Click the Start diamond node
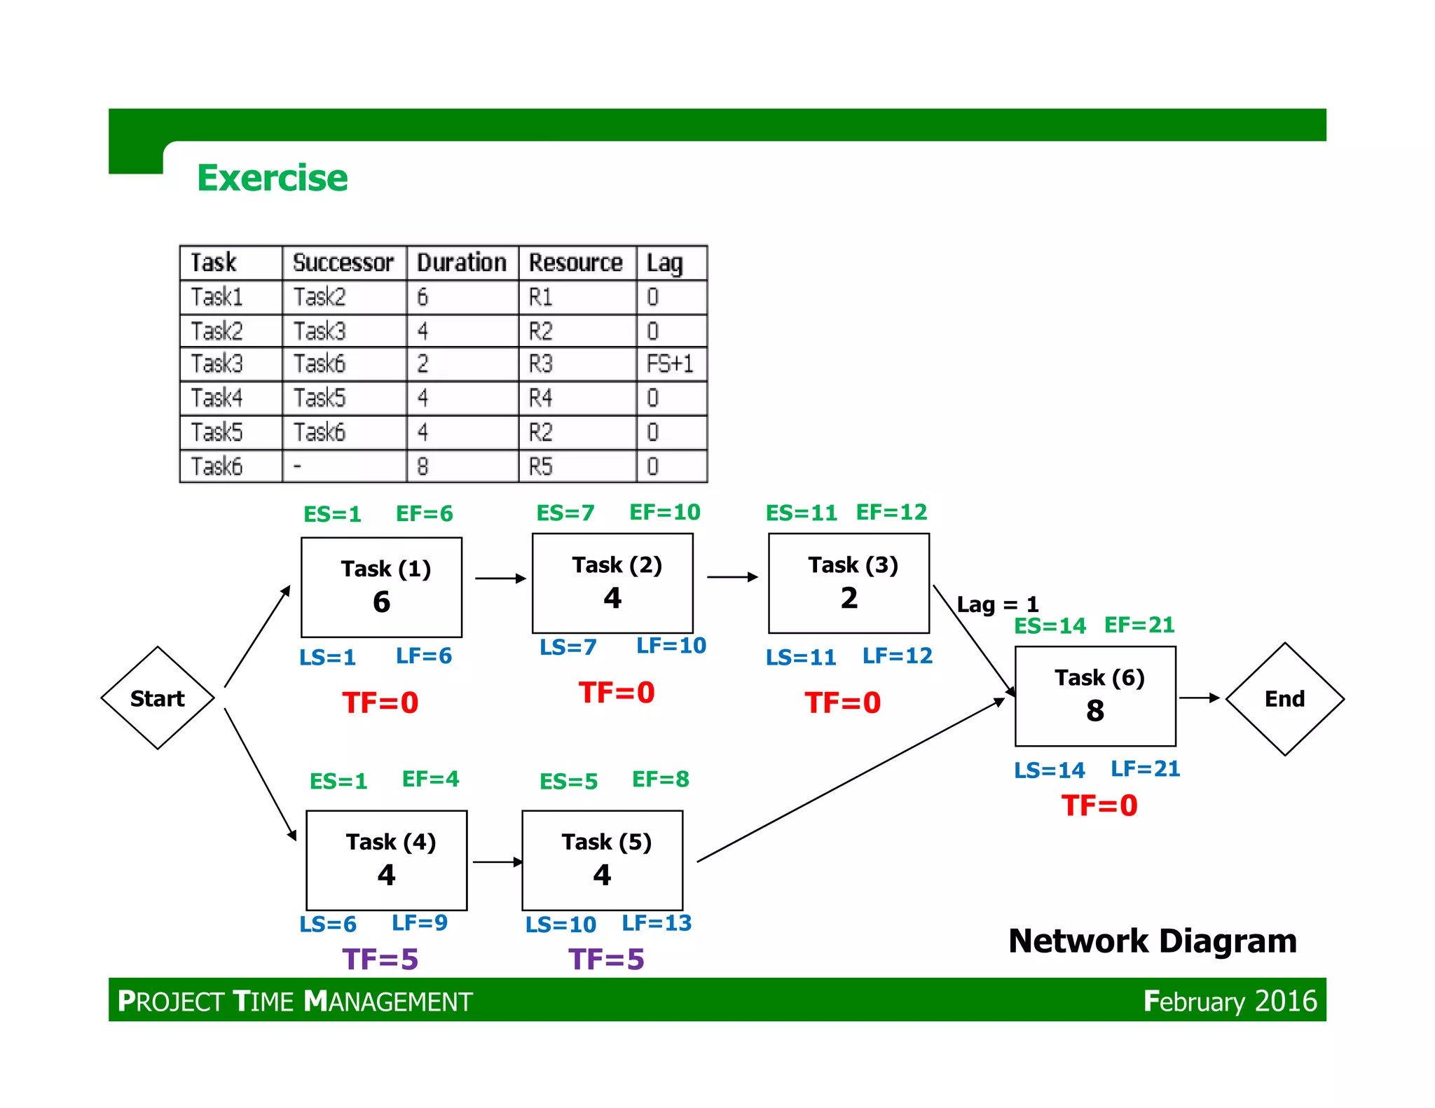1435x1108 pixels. (x=158, y=698)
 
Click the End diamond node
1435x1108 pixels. (x=1284, y=699)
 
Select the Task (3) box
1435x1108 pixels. (x=849, y=583)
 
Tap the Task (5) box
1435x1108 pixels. (x=602, y=860)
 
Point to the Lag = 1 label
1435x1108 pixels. (x=997, y=604)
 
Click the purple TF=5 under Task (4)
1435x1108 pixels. (x=380, y=959)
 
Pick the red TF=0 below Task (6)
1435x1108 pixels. (x=1099, y=805)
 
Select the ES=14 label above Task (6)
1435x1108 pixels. (x=1050, y=625)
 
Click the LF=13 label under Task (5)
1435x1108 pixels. (x=657, y=923)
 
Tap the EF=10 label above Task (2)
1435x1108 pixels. (x=664, y=512)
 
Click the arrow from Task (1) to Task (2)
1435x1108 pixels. (x=500, y=579)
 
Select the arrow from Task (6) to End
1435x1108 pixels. (x=1199, y=698)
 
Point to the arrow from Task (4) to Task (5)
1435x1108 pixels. (x=497, y=861)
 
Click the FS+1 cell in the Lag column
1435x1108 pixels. (x=670, y=364)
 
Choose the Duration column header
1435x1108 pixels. (x=462, y=263)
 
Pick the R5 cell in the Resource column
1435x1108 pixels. (x=541, y=466)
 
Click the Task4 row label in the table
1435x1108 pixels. (x=217, y=398)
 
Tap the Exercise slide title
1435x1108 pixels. (x=272, y=178)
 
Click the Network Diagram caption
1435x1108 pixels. (x=1152, y=941)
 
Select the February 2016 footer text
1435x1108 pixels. (x=1230, y=1001)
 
